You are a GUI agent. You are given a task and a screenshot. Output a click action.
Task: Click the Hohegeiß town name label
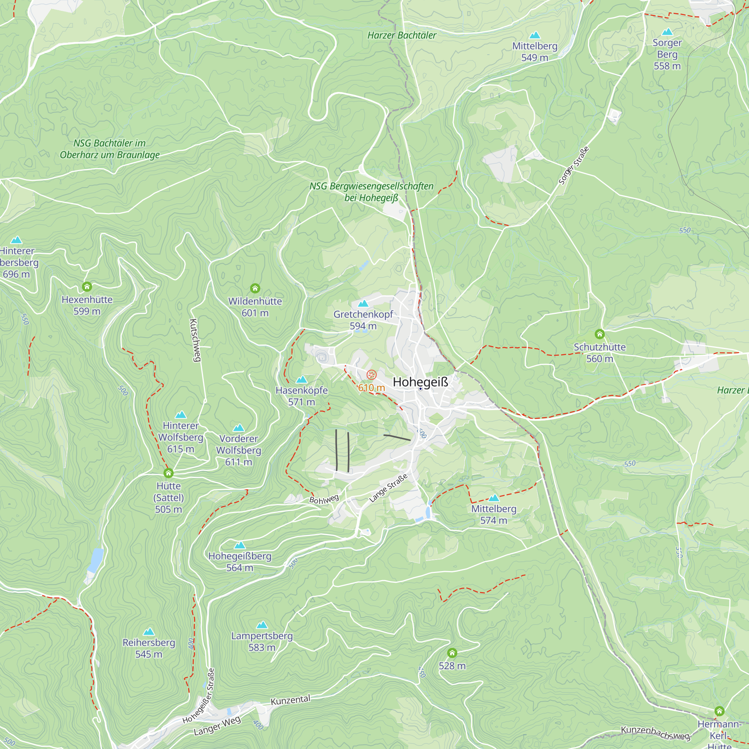click(x=420, y=382)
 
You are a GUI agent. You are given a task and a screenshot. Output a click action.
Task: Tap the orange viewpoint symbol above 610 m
click(x=372, y=375)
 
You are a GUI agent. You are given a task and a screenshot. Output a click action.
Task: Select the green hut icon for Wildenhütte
click(x=255, y=288)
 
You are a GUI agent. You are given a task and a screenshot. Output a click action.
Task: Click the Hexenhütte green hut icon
click(x=87, y=286)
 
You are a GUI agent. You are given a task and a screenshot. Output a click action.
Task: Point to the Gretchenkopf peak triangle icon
click(x=363, y=303)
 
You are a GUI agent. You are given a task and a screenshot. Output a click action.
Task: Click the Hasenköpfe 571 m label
click(x=301, y=396)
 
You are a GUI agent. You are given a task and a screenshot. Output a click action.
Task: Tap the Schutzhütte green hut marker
click(x=599, y=334)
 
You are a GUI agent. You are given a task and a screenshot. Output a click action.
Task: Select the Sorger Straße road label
click(x=574, y=166)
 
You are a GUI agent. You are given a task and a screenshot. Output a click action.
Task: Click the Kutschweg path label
click(x=195, y=340)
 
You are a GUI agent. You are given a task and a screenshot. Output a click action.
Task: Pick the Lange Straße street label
click(x=388, y=488)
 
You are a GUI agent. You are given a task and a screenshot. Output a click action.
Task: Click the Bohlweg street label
click(x=324, y=499)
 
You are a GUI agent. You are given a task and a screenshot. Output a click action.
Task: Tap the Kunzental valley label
click(x=290, y=700)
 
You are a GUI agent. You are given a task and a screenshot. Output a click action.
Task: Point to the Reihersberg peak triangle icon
click(x=149, y=632)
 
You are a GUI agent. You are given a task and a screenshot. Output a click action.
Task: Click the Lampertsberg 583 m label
click(x=262, y=642)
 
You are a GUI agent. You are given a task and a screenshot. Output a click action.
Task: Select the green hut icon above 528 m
click(x=452, y=653)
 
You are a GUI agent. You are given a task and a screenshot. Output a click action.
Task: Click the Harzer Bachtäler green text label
click(x=401, y=35)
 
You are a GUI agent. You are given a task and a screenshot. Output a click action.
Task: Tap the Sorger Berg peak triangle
click(x=667, y=32)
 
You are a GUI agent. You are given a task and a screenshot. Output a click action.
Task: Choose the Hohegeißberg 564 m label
click(x=240, y=562)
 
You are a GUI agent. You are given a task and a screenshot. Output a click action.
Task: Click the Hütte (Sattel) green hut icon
click(x=168, y=473)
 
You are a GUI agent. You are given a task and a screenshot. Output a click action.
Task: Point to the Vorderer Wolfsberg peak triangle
click(x=239, y=428)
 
